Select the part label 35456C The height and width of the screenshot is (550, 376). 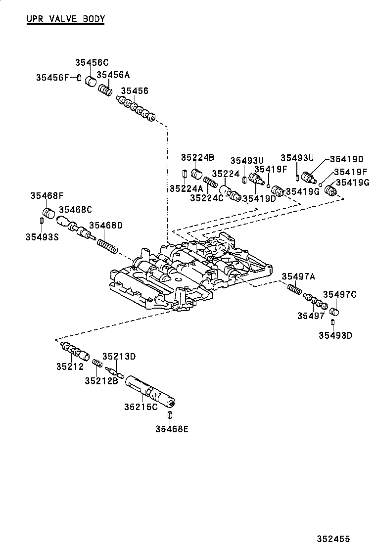[92, 63]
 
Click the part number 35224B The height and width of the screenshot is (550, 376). [197, 157]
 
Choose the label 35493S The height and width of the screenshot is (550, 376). [42, 237]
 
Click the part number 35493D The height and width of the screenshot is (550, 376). [335, 335]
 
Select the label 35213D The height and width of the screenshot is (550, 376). [119, 356]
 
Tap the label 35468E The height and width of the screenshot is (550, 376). [172, 429]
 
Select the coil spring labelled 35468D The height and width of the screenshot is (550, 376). [107, 246]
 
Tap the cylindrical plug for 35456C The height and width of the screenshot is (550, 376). [91, 80]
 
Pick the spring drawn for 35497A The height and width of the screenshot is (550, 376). [293, 289]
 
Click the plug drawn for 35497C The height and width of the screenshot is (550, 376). [334, 311]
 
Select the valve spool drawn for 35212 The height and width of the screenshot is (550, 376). [75, 351]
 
